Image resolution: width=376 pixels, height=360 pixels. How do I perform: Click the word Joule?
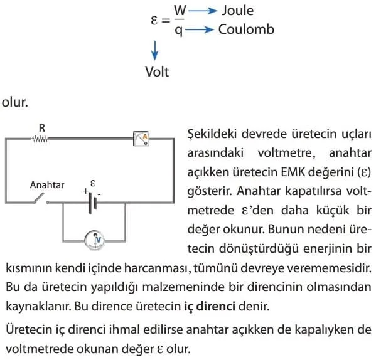tap(237, 11)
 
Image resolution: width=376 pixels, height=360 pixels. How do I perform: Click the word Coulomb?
tap(246, 29)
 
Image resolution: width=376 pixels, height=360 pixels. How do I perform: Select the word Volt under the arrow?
tap(157, 71)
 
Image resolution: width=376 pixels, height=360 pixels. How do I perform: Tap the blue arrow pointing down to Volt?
tap(155, 51)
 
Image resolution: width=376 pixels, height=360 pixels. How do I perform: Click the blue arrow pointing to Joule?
tap(203, 11)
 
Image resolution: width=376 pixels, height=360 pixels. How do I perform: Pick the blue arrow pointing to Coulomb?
tap(200, 29)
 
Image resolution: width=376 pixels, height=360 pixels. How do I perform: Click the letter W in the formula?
tap(180, 10)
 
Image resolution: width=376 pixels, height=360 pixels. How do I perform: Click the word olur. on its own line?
tap(15, 102)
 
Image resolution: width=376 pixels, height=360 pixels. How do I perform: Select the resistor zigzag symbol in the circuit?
tap(40, 139)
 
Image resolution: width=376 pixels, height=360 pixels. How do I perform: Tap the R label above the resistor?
tap(41, 128)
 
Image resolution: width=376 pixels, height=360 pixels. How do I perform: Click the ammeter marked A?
tap(141, 139)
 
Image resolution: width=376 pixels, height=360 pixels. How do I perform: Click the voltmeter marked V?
tap(95, 240)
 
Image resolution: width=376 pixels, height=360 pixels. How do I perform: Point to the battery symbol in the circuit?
tap(92, 203)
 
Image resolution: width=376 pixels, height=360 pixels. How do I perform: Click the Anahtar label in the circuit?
tap(47, 185)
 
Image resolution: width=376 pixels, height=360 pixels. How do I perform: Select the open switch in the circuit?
tap(41, 199)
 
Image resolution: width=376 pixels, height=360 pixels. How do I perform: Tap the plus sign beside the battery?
tap(85, 191)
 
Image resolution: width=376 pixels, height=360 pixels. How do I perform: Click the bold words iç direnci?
tap(210, 306)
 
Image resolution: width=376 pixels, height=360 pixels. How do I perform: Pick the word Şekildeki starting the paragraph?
tap(212, 134)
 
